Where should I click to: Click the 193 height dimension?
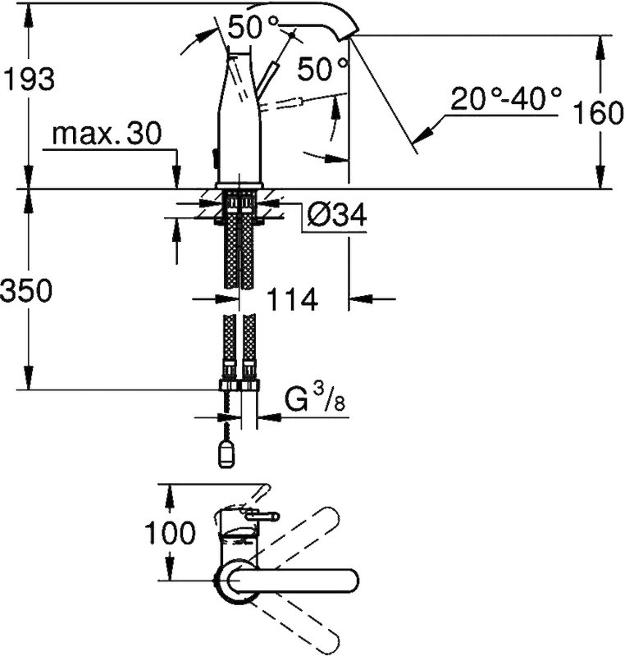(x=29, y=79)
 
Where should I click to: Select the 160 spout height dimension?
(x=597, y=112)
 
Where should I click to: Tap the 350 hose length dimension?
(x=27, y=290)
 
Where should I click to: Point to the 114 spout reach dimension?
(x=292, y=299)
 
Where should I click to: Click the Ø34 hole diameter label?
(x=337, y=215)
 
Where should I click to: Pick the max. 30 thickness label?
(x=107, y=134)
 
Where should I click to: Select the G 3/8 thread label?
(x=316, y=399)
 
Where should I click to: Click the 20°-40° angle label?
(x=506, y=98)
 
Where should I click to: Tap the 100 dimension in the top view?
(x=170, y=532)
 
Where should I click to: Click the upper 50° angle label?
(x=253, y=27)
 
